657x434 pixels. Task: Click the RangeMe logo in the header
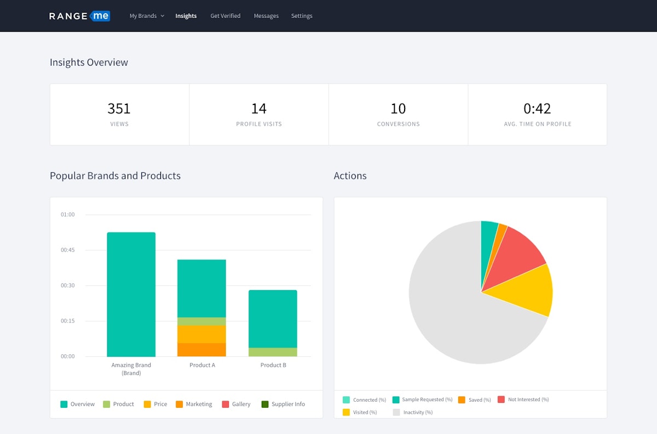[79, 16]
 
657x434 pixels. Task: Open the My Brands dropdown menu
[146, 16]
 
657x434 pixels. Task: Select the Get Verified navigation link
[225, 16]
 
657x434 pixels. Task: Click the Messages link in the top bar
[266, 16]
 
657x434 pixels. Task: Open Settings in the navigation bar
[302, 16]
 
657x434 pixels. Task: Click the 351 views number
[119, 108]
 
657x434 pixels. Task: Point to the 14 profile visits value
[258, 108]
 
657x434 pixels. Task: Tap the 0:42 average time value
[537, 108]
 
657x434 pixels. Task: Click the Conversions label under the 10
[398, 124]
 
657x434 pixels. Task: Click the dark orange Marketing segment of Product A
[201, 350]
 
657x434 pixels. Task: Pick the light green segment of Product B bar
[273, 352]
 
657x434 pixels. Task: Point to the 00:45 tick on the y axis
[68, 250]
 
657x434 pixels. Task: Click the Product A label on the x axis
[202, 365]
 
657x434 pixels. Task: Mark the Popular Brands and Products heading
[115, 176]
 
